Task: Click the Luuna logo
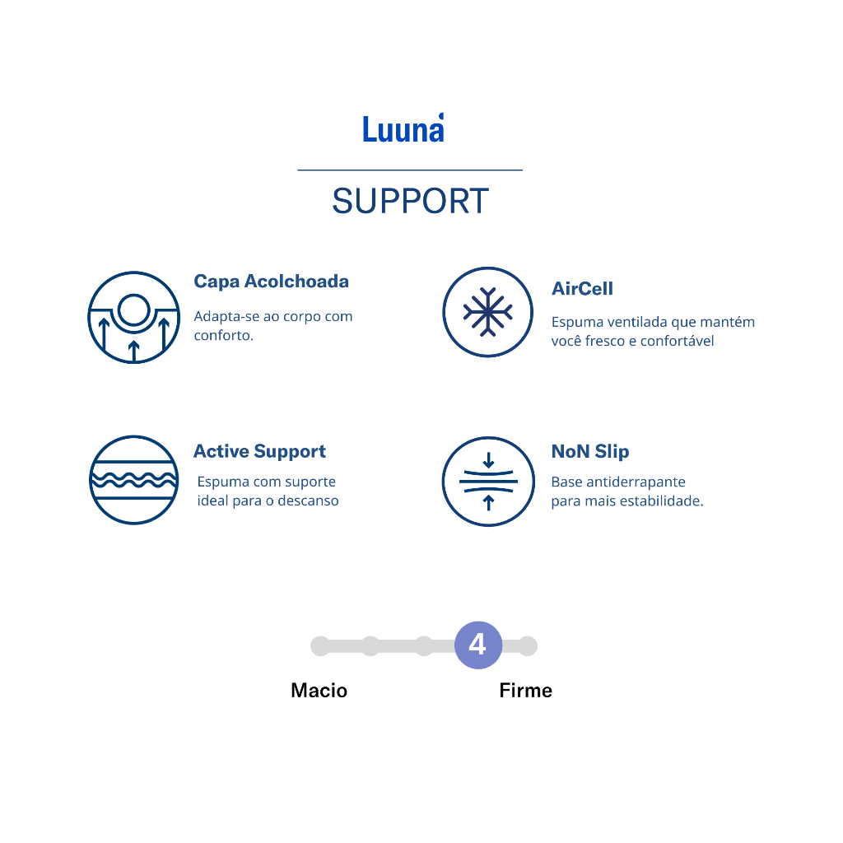[403, 128]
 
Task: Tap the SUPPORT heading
[410, 202]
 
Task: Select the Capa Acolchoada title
[271, 282]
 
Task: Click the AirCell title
[582, 289]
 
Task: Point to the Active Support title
[259, 451]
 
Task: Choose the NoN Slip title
[589, 451]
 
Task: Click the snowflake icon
[487, 312]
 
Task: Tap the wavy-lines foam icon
[133, 480]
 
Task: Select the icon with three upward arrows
[133, 317]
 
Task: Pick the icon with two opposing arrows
[487, 481]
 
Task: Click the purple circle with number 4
[477, 645]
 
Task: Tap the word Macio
[319, 691]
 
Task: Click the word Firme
[525, 691]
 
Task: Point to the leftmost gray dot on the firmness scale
[320, 646]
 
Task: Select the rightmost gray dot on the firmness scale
[528, 646]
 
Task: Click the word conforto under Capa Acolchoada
[222, 336]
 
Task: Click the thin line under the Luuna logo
[410, 170]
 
